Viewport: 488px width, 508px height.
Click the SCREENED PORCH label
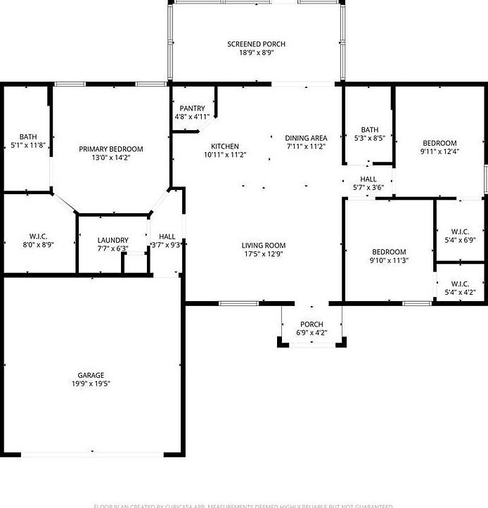point(256,44)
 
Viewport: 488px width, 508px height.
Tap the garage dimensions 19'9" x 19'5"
point(91,383)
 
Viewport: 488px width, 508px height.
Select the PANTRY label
point(192,108)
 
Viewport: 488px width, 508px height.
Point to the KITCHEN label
point(225,146)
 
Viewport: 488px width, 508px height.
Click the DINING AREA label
point(306,138)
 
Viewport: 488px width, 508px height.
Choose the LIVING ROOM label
point(264,246)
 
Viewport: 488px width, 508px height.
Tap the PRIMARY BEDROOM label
point(111,149)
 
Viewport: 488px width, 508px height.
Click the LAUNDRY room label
point(113,240)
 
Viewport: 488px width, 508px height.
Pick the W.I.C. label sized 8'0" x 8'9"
point(38,236)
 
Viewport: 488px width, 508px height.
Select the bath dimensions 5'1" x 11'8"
point(29,145)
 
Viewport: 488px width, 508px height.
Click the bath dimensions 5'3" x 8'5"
point(370,138)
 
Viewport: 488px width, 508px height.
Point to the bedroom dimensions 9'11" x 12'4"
point(439,151)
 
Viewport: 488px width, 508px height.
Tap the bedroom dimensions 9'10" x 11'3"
point(389,260)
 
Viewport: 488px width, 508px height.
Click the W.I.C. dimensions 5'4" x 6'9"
point(460,240)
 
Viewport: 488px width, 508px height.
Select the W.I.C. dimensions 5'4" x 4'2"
point(460,292)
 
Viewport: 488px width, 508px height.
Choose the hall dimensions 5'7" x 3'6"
point(368,188)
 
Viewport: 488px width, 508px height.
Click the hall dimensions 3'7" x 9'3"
point(167,245)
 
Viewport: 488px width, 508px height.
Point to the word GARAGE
point(91,375)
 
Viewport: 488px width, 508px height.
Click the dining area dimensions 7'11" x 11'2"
point(306,146)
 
